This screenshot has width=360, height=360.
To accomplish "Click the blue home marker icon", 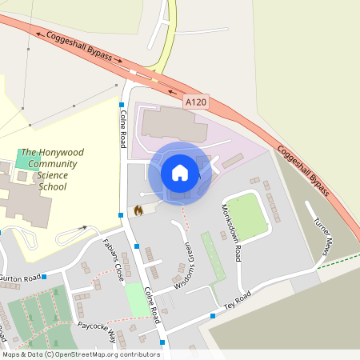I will tap(180, 172).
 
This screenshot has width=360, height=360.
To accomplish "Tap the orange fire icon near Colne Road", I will tap(138, 210).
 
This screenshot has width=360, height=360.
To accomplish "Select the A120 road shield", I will tap(195, 102).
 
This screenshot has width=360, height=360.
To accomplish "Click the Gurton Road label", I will tap(19, 278).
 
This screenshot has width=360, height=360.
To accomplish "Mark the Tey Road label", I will tap(237, 300).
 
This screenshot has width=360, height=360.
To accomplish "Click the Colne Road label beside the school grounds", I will tap(123, 129).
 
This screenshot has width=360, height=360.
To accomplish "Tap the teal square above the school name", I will tap(25, 158).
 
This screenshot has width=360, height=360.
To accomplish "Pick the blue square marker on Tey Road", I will tap(213, 315).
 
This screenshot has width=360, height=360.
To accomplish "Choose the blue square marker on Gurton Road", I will tap(45, 276).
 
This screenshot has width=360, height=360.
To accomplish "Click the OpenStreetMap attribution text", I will tap(80, 354).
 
